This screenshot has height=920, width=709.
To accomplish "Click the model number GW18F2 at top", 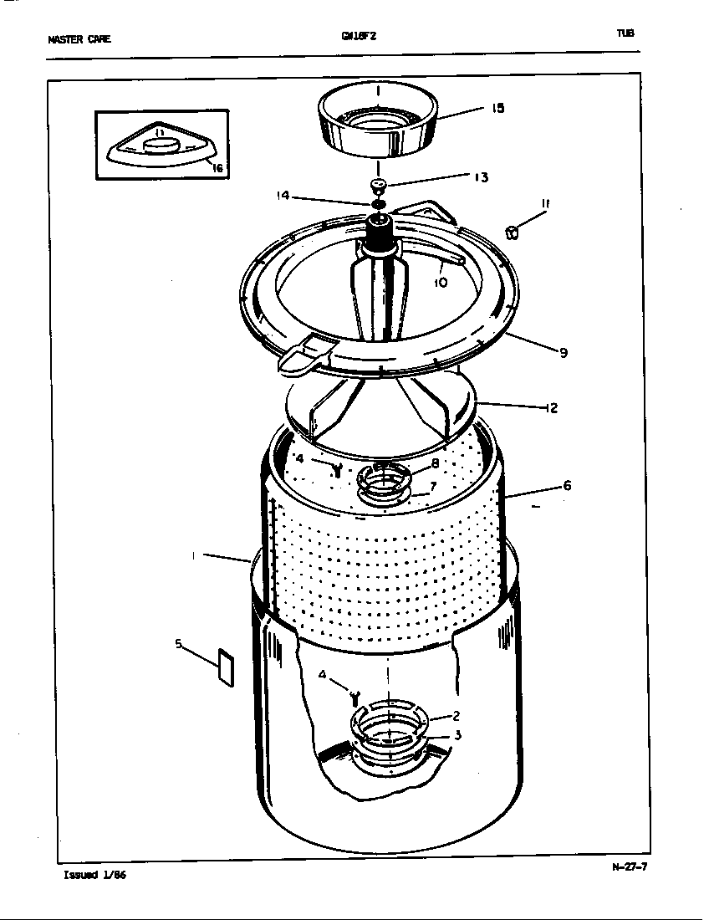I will (x=353, y=36).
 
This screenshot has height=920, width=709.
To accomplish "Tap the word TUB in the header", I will (x=625, y=33).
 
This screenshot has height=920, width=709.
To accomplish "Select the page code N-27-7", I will (x=629, y=866).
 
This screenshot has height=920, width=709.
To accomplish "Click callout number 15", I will (x=497, y=108).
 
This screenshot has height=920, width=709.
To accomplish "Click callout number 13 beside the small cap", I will (x=481, y=177).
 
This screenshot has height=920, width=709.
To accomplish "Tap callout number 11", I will (x=544, y=204).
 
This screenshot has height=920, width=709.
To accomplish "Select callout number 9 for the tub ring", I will (x=564, y=353).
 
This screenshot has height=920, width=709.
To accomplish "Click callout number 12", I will (x=551, y=409).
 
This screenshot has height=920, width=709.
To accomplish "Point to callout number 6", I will (x=567, y=485).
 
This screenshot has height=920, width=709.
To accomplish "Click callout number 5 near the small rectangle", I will (x=178, y=643).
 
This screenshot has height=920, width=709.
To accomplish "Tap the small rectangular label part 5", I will (x=225, y=667).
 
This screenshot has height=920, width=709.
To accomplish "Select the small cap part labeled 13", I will (x=378, y=185).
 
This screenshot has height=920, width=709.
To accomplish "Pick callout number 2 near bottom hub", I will (x=457, y=715).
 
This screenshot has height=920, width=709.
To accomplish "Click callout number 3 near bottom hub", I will (x=457, y=736).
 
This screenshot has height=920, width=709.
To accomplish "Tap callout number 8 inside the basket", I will (x=435, y=464).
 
